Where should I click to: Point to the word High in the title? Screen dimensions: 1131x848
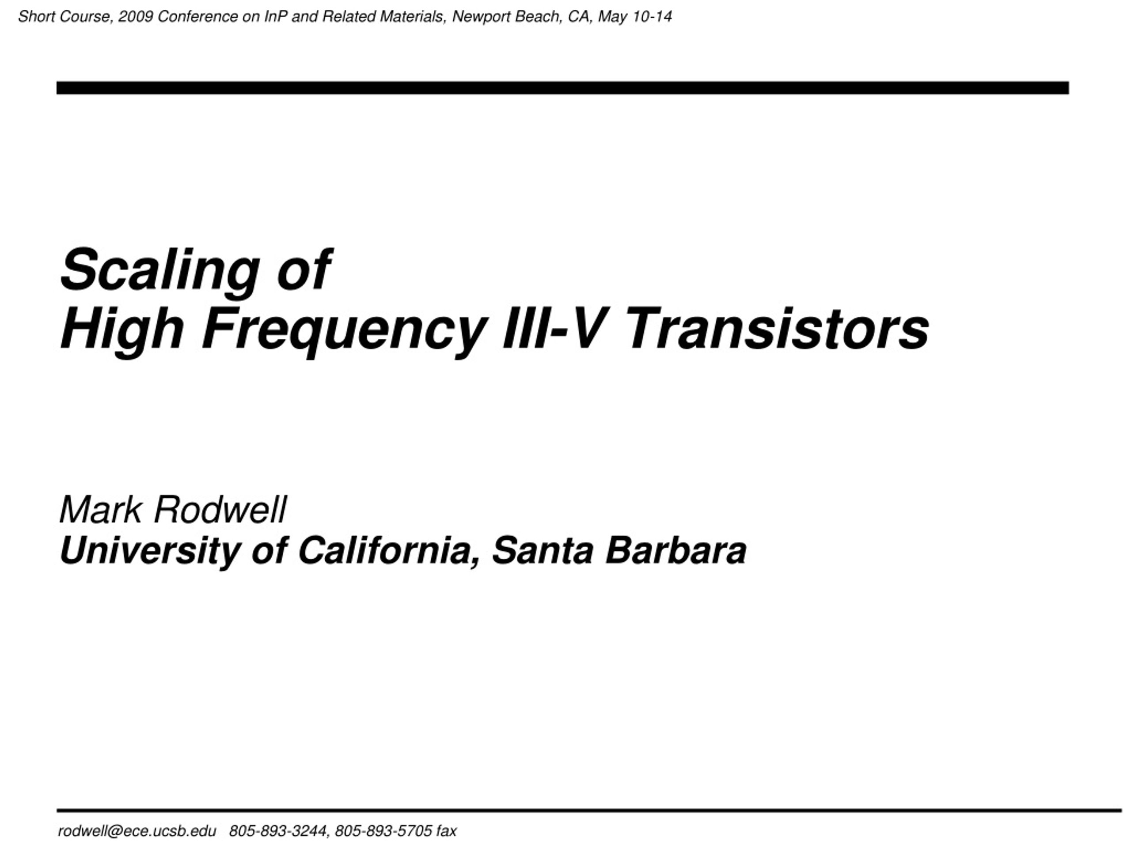121,329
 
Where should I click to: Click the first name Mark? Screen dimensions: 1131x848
100,510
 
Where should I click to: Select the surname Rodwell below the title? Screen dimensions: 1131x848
220,510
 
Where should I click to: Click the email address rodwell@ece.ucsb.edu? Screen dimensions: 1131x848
137,831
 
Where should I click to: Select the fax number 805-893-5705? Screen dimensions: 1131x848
384,831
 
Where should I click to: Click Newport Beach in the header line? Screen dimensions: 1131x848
506,17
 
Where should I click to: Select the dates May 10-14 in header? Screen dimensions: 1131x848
634,17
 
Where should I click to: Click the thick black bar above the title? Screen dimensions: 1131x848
562,88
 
